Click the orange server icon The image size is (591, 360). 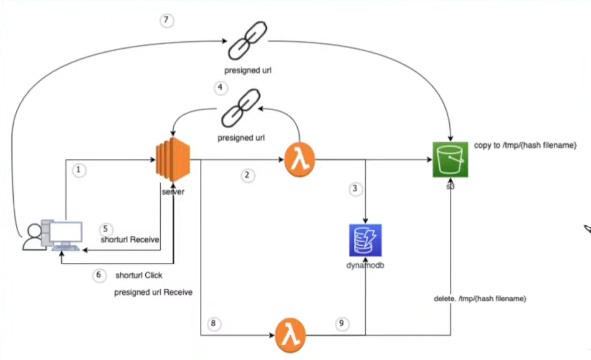pyautogui.click(x=173, y=160)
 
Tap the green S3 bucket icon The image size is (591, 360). pyautogui.click(x=450, y=159)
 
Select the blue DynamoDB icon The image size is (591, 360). pyautogui.click(x=365, y=240)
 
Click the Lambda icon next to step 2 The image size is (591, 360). pyautogui.click(x=300, y=160)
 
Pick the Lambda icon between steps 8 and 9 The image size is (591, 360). pyautogui.click(x=290, y=335)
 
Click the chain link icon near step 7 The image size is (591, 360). pyautogui.click(x=247, y=41)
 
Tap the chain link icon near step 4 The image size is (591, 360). pyautogui.click(x=241, y=108)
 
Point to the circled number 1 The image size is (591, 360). pyautogui.click(x=79, y=170)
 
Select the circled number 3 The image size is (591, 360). pyautogui.click(x=355, y=189)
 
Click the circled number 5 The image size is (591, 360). pyautogui.click(x=106, y=229)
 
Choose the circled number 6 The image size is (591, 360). pyautogui.click(x=99, y=275)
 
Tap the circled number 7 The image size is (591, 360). pyautogui.click(x=166, y=20)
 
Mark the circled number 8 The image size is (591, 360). pyautogui.click(x=214, y=323)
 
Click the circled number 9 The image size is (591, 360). pyautogui.click(x=342, y=323)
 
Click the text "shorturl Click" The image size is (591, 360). pyautogui.click(x=139, y=275)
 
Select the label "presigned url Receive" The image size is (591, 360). pyautogui.click(x=153, y=293)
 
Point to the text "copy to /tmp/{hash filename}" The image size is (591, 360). pyautogui.click(x=525, y=146)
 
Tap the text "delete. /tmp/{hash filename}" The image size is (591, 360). pyautogui.click(x=480, y=299)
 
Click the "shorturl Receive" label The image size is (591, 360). pyautogui.click(x=130, y=240)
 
